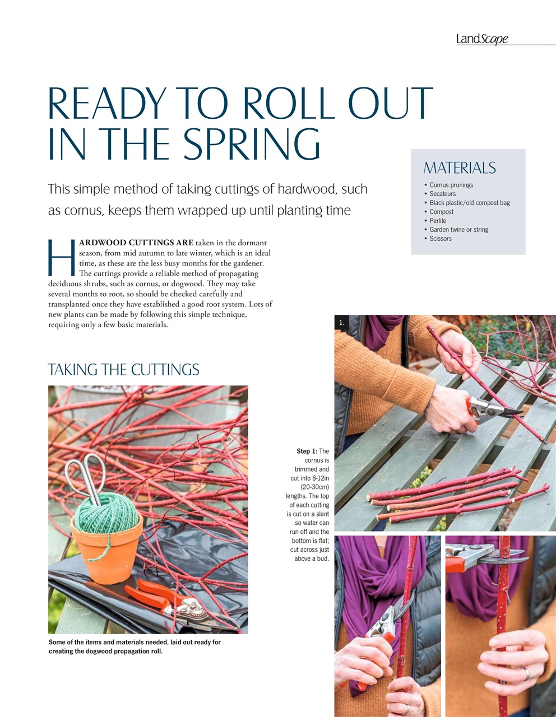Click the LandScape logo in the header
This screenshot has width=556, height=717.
[x=482, y=39]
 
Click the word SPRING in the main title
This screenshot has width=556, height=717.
[x=251, y=144]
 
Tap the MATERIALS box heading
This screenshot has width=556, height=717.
[x=460, y=167]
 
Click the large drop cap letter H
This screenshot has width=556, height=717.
[x=62, y=257]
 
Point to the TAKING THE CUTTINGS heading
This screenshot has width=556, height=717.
[x=124, y=369]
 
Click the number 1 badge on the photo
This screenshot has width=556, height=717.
[x=342, y=323]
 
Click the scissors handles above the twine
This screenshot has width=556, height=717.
[x=86, y=472]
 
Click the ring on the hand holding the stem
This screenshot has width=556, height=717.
[x=527, y=673]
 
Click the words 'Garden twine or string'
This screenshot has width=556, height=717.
[x=458, y=229]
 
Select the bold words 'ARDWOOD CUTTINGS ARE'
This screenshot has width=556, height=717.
[x=136, y=243]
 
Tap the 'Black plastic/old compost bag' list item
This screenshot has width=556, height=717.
[x=470, y=203]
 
